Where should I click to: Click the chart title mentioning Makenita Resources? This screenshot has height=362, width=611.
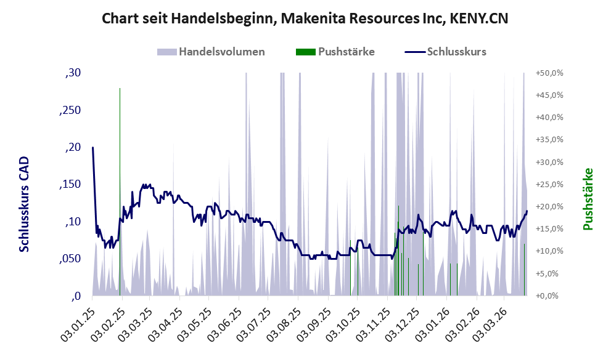[305, 19]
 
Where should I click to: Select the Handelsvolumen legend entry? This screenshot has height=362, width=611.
[211, 52]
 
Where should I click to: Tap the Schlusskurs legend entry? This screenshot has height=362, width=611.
[446, 52]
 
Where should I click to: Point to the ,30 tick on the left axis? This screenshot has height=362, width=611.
[73, 73]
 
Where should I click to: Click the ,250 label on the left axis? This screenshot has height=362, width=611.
[70, 110]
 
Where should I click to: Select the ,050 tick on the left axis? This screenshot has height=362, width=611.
[70, 259]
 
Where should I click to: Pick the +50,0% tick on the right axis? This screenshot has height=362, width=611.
[548, 73]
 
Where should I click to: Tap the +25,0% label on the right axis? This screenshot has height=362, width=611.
[548, 185]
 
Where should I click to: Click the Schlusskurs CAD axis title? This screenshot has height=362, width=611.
[24, 204]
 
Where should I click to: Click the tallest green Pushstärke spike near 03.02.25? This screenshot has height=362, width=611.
[120, 185]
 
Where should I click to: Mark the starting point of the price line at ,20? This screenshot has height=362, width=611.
[92, 148]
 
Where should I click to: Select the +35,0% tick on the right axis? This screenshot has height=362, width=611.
[548, 140]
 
